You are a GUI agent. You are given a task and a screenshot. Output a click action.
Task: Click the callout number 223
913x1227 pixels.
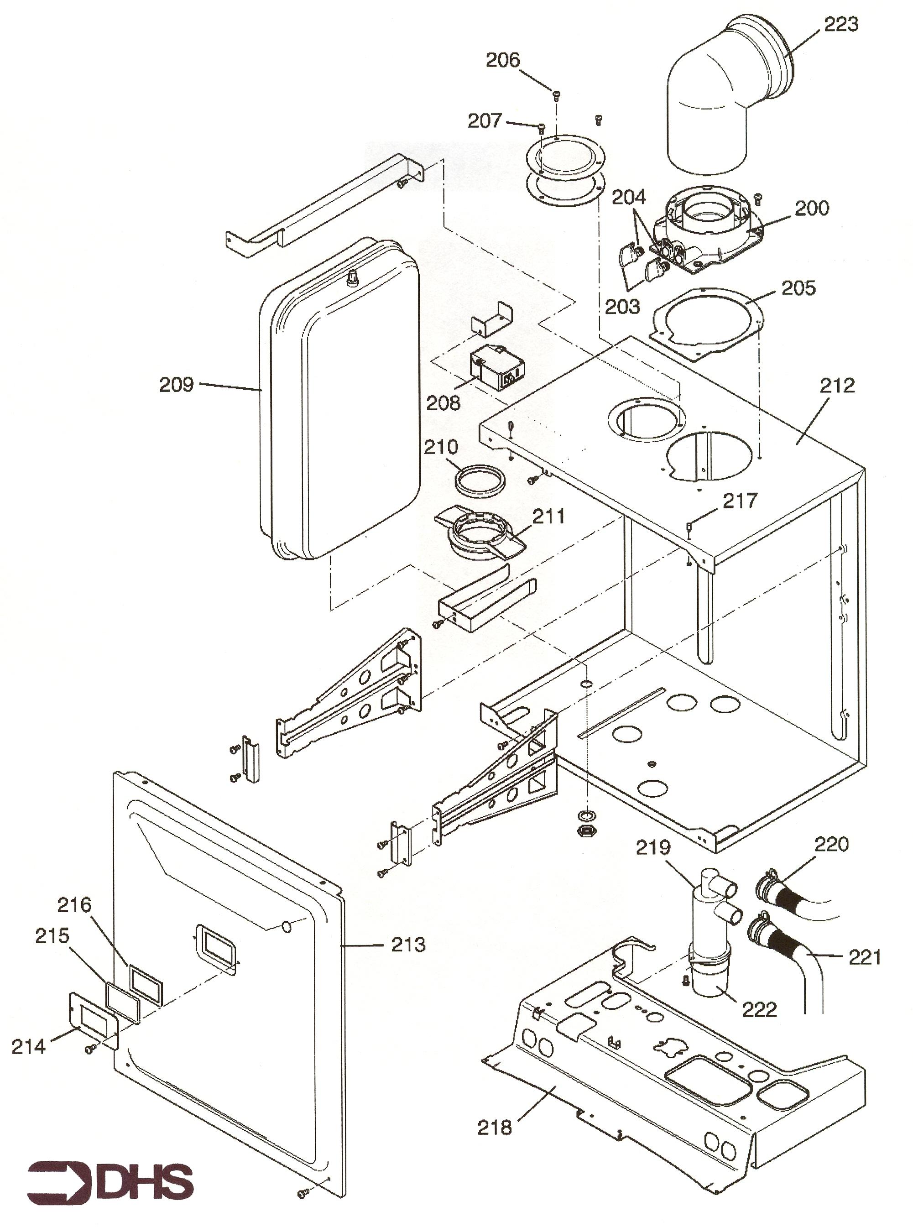pyautogui.click(x=841, y=24)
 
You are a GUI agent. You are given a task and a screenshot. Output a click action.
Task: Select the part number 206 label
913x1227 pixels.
pyautogui.click(x=503, y=60)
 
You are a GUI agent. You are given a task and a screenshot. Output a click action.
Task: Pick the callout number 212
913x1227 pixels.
pyautogui.click(x=837, y=385)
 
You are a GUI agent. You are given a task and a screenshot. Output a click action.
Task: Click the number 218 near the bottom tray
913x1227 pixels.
pyautogui.click(x=495, y=1128)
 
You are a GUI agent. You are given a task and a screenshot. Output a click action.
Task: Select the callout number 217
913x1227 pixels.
pyautogui.click(x=740, y=501)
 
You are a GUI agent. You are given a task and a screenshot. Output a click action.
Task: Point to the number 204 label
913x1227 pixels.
pyautogui.click(x=628, y=197)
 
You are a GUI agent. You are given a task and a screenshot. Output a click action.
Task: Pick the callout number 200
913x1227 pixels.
pyautogui.click(x=812, y=208)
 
